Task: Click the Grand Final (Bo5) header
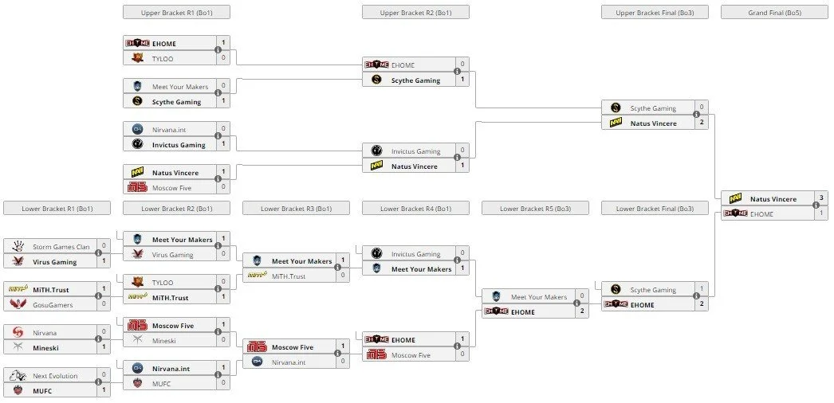(774, 12)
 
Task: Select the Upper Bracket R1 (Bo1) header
(176, 12)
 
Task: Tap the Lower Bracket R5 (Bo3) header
(535, 208)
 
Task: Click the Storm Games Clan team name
(61, 247)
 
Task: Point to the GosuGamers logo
(18, 304)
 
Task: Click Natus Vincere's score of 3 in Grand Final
(821, 198)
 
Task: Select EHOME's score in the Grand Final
(821, 213)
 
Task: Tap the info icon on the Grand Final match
(816, 205)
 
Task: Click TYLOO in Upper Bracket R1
(163, 59)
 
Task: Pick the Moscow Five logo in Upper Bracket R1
(137, 187)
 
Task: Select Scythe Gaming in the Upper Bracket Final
(653, 108)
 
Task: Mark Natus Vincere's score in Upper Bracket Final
(702, 122)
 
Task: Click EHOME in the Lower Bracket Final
(642, 305)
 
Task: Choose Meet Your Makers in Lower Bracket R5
(539, 297)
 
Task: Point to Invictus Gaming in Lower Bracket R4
(416, 254)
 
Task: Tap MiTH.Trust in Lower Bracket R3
(289, 276)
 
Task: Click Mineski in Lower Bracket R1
(45, 348)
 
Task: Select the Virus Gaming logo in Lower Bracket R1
(18, 261)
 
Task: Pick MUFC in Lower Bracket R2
(162, 383)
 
